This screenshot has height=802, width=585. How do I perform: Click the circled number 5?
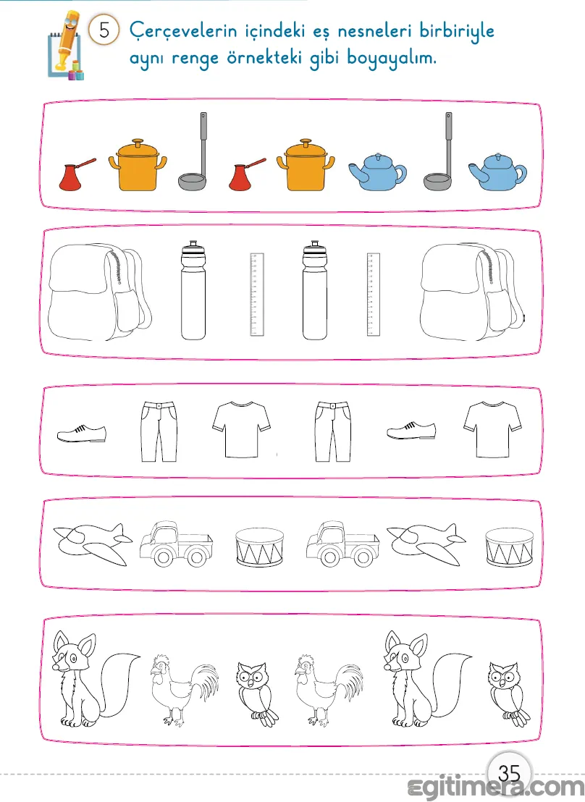pyautogui.click(x=104, y=30)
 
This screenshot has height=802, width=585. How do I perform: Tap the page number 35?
pyautogui.click(x=509, y=773)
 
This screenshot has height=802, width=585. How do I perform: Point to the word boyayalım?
pyautogui.click(x=392, y=58)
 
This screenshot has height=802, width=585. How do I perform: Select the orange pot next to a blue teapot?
pyautogui.click(x=306, y=164)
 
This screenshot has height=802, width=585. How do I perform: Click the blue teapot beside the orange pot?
pyautogui.click(x=377, y=172)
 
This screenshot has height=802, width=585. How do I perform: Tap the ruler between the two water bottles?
pyautogui.click(x=257, y=294)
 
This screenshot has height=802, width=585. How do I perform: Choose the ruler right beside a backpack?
pyautogui.click(x=374, y=294)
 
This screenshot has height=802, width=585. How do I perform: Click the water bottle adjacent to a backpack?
pyautogui.click(x=193, y=290)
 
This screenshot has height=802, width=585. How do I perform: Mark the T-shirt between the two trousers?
pyautogui.click(x=241, y=429)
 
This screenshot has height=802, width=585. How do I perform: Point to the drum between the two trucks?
pyautogui.click(x=259, y=547)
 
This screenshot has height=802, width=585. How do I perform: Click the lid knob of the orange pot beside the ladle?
pyautogui.click(x=138, y=141)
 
